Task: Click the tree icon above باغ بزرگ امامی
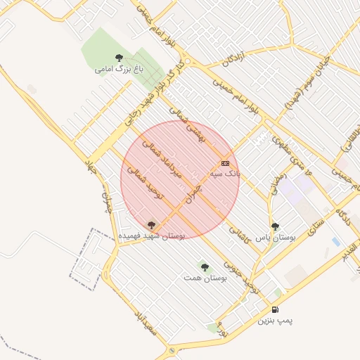[118, 58]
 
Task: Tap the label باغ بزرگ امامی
[119, 70]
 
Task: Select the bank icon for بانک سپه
[225, 163]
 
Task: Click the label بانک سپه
[225, 173]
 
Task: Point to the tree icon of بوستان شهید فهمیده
[151, 225]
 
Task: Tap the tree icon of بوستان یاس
[275, 226]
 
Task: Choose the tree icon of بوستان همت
[205, 267]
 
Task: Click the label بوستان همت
[205, 278]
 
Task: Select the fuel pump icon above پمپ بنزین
[274, 309]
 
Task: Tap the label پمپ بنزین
[274, 321]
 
